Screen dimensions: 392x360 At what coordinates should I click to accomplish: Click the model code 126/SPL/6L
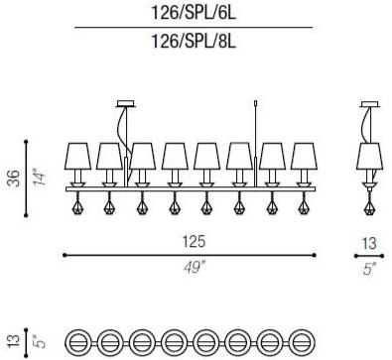click(194, 14)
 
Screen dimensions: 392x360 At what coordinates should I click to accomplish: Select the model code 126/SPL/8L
click(194, 42)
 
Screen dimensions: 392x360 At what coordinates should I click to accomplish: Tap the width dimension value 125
click(194, 241)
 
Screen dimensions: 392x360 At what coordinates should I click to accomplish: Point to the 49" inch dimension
click(195, 267)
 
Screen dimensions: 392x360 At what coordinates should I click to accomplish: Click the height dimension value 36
click(15, 179)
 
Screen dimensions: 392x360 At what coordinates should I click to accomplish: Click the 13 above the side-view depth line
click(369, 244)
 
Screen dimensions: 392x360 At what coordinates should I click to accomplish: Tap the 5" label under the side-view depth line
click(369, 268)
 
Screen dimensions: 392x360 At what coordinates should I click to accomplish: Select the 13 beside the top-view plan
click(14, 341)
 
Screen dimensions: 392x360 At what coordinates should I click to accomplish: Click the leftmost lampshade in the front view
click(77, 156)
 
